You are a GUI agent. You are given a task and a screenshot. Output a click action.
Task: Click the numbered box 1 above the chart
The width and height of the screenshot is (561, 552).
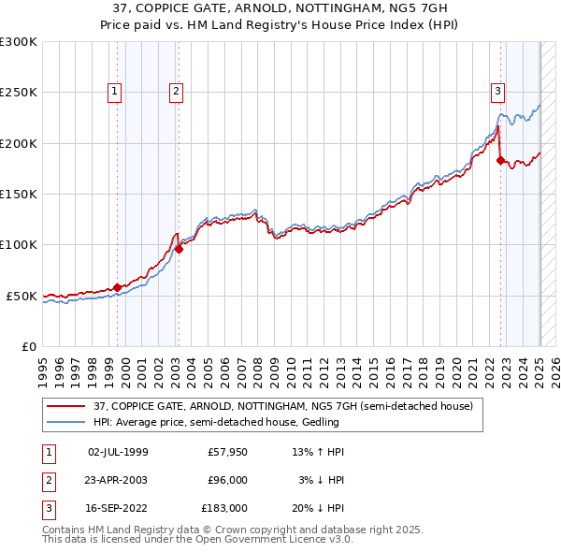coord(114,91)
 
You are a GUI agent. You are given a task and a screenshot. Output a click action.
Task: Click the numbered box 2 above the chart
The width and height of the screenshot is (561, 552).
coord(176,91)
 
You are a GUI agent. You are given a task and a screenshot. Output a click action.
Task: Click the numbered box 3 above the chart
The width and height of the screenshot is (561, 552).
coord(497,91)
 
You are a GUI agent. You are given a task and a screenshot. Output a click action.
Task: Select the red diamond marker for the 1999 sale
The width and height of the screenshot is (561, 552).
coord(117,287)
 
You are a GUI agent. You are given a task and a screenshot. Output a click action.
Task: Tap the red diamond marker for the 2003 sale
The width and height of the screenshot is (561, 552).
coord(179,249)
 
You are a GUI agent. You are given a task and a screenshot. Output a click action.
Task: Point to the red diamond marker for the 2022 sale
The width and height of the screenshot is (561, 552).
coord(500,160)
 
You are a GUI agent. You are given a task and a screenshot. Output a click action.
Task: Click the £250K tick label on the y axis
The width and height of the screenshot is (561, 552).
coord(19,93)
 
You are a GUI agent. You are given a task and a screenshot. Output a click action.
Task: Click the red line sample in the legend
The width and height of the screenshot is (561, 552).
coord(66,407)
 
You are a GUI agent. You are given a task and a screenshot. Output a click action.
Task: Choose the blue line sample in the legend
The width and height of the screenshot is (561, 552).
coord(66,423)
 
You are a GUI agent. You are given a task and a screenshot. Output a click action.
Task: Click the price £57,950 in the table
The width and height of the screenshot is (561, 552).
coord(227,452)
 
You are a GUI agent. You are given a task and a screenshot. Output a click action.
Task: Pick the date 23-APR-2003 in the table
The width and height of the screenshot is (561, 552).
coord(118,481)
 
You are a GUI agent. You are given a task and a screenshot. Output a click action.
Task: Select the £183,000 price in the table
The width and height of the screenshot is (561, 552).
coord(225,509)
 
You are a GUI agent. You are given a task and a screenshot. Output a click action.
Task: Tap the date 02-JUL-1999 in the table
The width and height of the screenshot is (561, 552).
coord(118,452)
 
